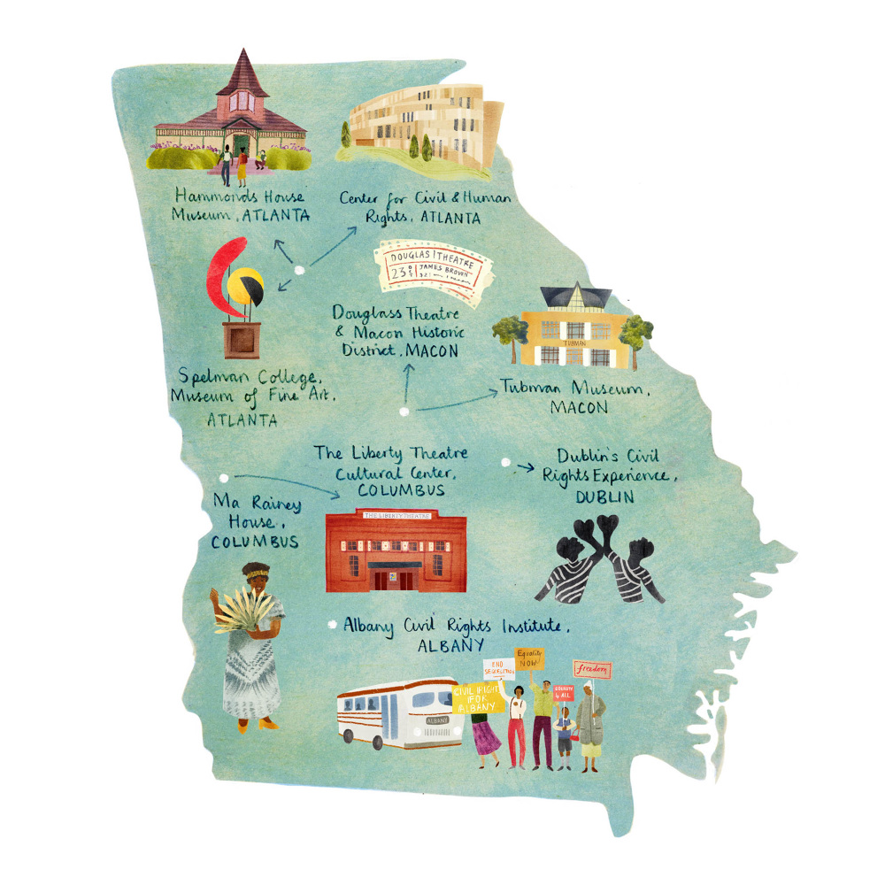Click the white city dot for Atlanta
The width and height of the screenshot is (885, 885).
pyautogui.click(x=299, y=270)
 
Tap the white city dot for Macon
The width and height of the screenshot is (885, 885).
pyautogui.click(x=404, y=412)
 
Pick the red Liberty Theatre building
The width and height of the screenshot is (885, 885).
pyautogui.click(x=396, y=550)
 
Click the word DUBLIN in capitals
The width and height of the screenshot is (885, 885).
pyautogui.click(x=604, y=497)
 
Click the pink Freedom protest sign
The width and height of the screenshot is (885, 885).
pyautogui.click(x=592, y=669)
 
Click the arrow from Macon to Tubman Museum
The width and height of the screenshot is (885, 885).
pyautogui.click(x=456, y=403)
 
